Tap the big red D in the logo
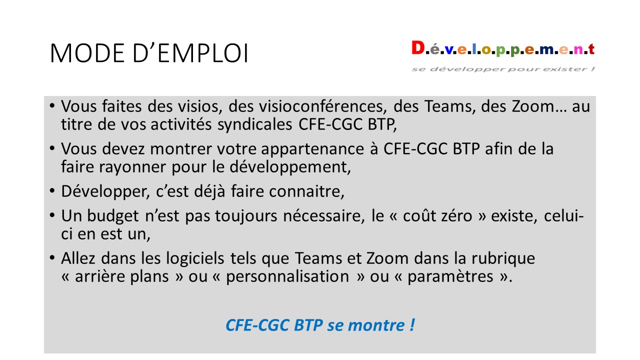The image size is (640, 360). point(418,47)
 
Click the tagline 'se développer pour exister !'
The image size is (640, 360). point(503,69)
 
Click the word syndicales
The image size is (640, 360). point(255,125)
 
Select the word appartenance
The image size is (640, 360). point(312,149)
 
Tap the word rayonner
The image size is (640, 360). point(132,167)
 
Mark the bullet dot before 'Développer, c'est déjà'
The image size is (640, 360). point(51,190)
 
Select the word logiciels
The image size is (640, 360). point(195,258)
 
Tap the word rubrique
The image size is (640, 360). point(503,258)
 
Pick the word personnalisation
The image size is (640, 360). point(287,276)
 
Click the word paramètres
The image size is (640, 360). point(450,277)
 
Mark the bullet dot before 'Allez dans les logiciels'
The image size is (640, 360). point(51,257)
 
